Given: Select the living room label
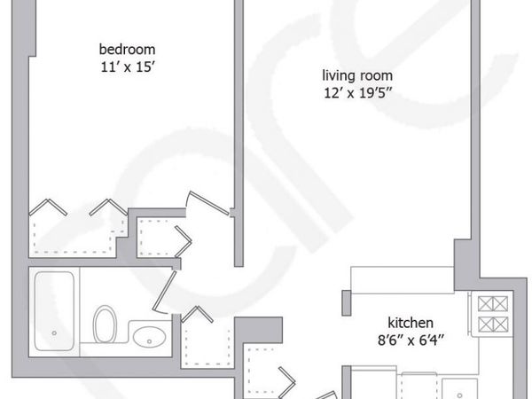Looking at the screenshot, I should pyautogui.click(x=357, y=75).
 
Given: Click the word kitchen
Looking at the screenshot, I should pyautogui.click(x=410, y=322).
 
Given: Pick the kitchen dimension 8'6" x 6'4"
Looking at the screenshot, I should pyautogui.click(x=410, y=337).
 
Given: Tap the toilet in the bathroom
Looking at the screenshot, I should pyautogui.click(x=105, y=325).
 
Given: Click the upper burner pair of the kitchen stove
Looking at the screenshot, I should pyautogui.click(x=489, y=303).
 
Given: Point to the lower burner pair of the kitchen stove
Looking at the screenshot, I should pyautogui.click(x=489, y=325).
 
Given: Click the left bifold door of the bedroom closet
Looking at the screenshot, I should pyautogui.click(x=48, y=208).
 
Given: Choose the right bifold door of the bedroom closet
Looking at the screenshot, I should pyautogui.click(x=113, y=208).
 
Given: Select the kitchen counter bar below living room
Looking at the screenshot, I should pyautogui.click(x=399, y=279).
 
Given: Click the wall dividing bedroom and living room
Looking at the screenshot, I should pyautogui.click(x=238, y=133).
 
